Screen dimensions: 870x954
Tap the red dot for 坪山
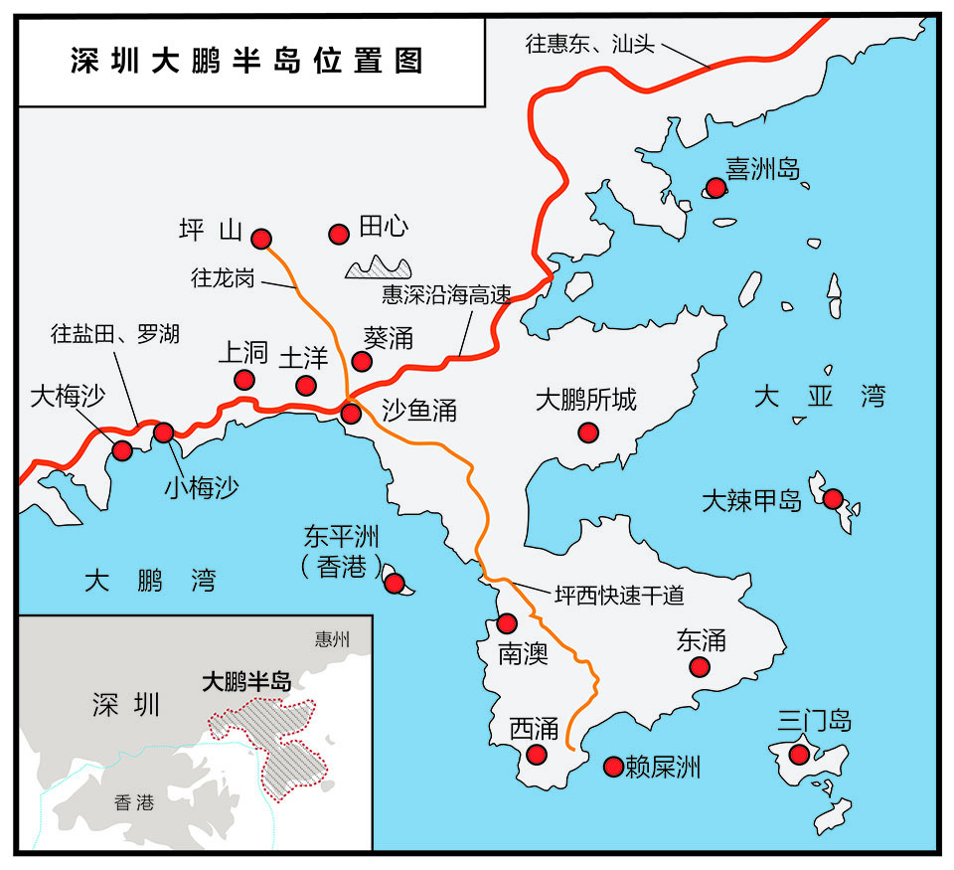261,238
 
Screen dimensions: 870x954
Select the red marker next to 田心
338,235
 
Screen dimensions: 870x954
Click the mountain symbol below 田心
379,266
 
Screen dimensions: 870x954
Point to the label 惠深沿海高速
446,295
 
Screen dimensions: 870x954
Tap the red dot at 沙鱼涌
351,413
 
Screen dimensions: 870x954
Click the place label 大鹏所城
585,401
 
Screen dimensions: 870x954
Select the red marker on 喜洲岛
715,186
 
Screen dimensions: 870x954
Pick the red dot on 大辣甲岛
833,498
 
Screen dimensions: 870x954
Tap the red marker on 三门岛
799,755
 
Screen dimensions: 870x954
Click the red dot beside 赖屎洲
613,767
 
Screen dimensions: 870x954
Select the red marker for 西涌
537,755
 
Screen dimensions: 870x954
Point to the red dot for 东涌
701,668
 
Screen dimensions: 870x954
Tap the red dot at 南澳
507,623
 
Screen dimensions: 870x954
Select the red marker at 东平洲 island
393,583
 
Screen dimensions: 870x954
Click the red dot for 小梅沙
164,433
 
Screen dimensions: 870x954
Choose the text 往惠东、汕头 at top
590,45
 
